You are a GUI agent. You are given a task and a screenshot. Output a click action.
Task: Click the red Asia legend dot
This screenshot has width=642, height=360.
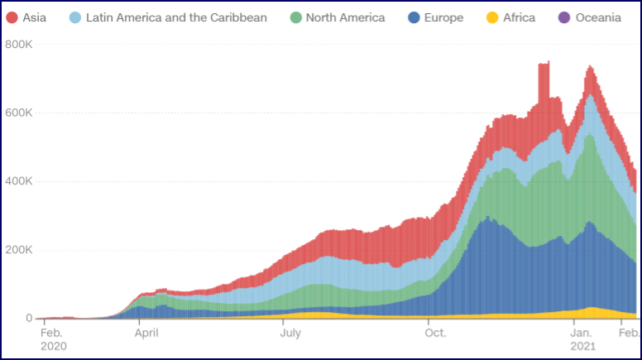(12, 17)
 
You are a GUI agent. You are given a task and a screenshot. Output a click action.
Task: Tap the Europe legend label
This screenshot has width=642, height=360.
(443, 17)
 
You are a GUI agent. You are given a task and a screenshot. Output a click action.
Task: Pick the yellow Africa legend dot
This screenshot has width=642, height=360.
(491, 17)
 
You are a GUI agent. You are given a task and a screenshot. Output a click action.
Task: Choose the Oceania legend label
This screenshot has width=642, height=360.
(599, 17)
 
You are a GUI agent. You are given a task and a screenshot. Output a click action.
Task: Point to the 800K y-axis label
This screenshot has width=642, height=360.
(18, 44)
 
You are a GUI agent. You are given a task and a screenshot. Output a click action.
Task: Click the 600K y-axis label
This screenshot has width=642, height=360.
(18, 113)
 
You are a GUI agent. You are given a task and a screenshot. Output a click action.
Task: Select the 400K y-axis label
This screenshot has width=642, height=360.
(18, 181)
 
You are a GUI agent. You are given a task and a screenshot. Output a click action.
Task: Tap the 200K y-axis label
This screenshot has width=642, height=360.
(18, 250)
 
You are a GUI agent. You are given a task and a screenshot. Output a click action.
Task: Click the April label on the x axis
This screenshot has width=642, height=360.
(146, 334)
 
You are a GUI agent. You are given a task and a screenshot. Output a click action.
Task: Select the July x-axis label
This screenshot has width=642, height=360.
(290, 334)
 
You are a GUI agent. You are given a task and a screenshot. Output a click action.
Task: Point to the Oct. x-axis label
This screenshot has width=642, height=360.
(435, 334)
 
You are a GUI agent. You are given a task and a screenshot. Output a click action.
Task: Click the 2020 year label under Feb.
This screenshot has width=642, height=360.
(54, 346)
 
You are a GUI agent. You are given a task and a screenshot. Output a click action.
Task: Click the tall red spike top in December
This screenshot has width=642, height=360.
(544, 63)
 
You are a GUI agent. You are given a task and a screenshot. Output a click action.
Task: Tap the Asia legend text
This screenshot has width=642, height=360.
(34, 17)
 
